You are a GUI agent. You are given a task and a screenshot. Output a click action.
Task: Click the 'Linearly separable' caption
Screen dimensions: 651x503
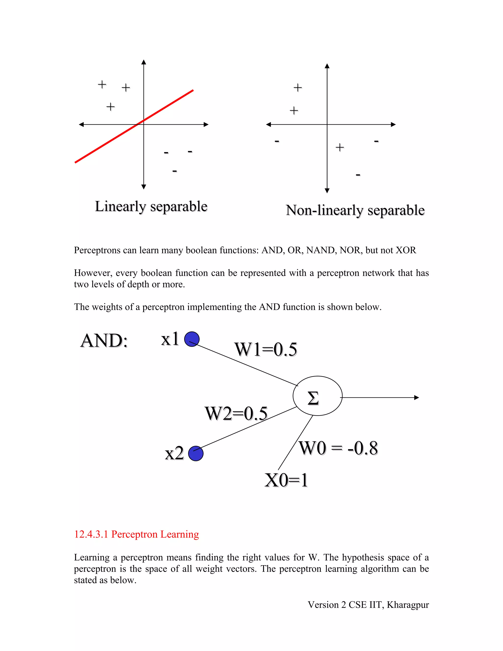151,206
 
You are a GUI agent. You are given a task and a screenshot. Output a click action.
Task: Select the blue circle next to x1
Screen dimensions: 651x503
192,339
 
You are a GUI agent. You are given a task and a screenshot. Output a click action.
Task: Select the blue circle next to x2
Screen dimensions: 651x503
196,453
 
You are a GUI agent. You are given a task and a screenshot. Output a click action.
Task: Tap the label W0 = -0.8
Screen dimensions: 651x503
338,448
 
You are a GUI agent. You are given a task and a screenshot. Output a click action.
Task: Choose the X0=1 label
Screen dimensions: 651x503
286,480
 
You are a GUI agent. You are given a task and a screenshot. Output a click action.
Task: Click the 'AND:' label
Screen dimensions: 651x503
104,340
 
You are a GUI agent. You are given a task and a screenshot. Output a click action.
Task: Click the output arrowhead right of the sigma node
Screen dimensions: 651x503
417,397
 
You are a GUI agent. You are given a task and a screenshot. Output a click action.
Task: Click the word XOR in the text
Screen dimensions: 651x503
405,250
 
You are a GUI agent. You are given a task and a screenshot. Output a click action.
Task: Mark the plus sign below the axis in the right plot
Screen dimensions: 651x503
340,147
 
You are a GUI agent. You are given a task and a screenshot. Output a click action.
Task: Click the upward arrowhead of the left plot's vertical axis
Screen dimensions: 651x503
144,62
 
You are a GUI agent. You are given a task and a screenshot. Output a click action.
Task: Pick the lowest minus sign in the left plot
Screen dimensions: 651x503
175,171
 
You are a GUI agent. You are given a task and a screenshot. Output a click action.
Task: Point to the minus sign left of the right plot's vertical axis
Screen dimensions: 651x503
277,141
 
